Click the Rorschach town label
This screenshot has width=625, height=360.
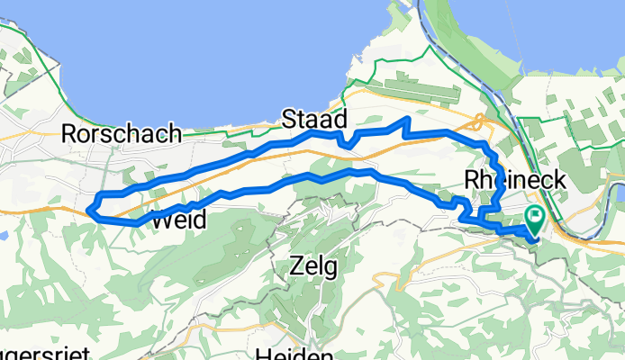pos(121,134)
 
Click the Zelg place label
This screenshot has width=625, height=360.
pos(313,265)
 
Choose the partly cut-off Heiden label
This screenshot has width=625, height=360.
pos(294,353)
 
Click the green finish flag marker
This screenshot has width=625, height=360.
pos(534,216)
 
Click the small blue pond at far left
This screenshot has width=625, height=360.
pos(4,237)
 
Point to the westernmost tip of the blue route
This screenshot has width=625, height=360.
pos(90,211)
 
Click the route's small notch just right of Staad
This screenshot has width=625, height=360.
pos(344,144)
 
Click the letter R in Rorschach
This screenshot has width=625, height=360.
pos(68,134)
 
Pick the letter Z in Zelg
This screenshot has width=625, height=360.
pos(295,265)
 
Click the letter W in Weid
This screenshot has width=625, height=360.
pos(161,219)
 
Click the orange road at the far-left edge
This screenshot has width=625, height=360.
pos(4,211)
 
